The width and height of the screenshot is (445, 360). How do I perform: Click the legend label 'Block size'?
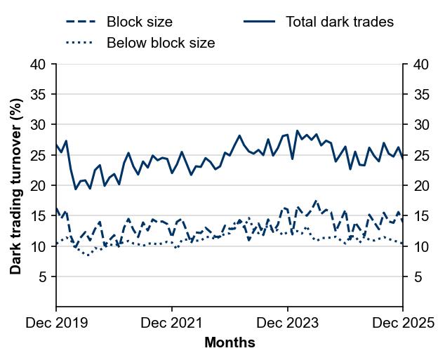[139, 22]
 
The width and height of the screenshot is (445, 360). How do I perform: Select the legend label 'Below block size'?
[161, 43]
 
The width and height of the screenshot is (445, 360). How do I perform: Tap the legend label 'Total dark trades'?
[340, 22]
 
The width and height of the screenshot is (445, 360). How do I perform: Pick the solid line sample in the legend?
[259, 22]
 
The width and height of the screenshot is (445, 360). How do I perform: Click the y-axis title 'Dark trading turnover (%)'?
[15, 186]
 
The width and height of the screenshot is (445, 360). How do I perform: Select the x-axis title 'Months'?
[230, 343]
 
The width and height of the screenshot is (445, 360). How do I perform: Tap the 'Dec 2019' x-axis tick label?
[56, 324]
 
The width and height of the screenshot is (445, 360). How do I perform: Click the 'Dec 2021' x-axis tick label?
[172, 324]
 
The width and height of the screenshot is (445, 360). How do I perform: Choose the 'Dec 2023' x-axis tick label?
[288, 324]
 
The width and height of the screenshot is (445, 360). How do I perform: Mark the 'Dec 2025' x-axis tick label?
[402, 324]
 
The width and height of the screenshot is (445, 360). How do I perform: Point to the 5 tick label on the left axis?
[43, 277]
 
